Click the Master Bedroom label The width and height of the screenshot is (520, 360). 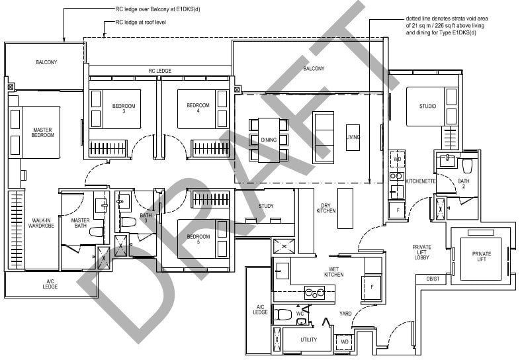coord(42,132)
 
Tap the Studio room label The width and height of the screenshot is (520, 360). coord(427,106)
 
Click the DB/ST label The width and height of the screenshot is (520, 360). coord(433,279)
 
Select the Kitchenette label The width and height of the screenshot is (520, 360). coord(419,181)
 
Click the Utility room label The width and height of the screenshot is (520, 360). coord(308,340)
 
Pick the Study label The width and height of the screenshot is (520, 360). coord(266,206)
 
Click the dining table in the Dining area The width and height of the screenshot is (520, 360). coord(268,140)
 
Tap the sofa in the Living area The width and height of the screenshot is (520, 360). coord(324,138)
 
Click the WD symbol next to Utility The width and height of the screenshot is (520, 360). coord(344,342)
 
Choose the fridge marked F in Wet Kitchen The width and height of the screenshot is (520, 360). coord(371,287)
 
